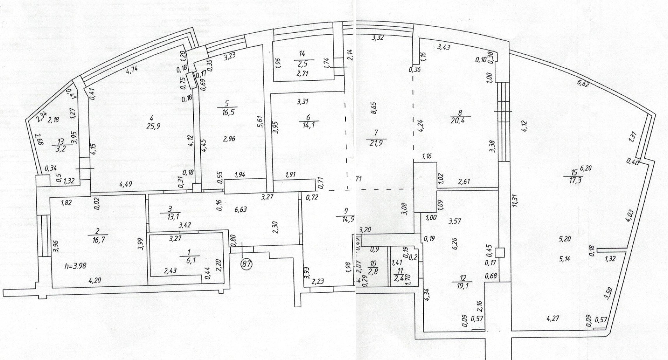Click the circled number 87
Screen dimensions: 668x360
(247, 264)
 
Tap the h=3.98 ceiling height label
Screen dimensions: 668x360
(76, 266)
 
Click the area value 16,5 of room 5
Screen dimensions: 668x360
(227, 113)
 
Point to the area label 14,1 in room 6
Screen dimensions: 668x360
(309, 125)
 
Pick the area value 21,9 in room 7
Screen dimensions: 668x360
(376, 143)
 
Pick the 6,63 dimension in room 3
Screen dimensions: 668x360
(240, 210)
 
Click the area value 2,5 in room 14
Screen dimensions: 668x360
(302, 64)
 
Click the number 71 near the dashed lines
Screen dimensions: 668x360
(359, 179)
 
